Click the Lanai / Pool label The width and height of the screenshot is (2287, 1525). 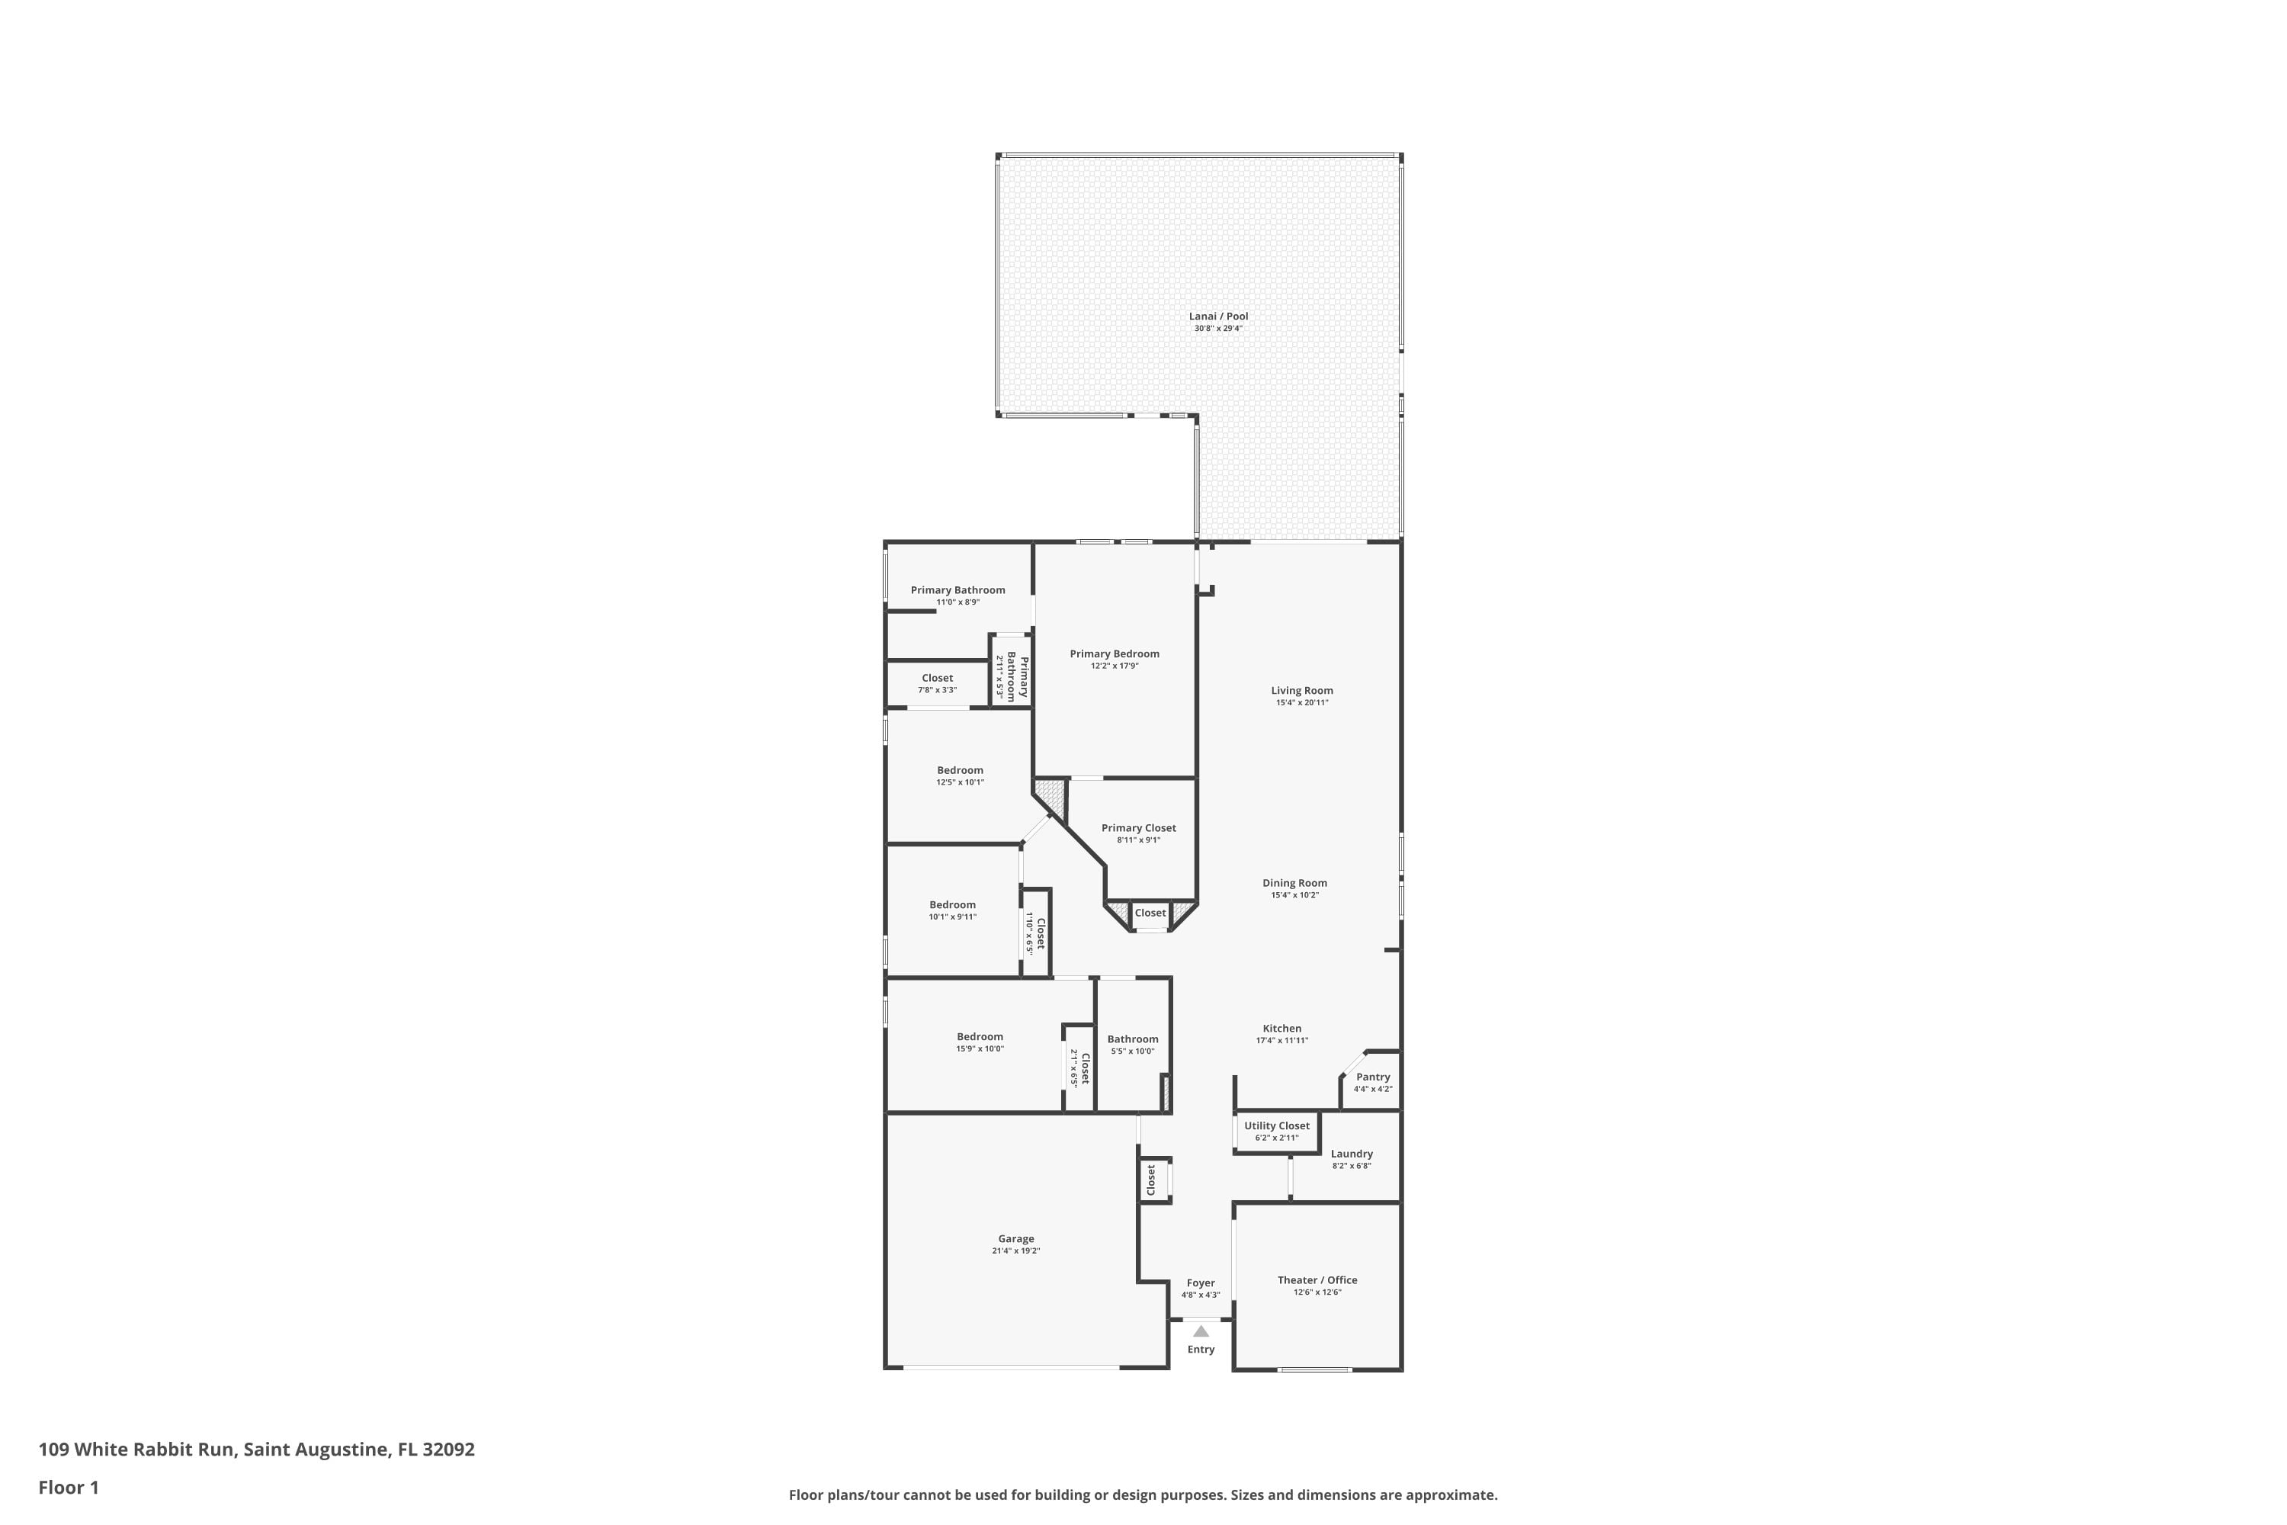pyautogui.click(x=1218, y=316)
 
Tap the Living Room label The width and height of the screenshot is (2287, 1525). pyautogui.click(x=1302, y=691)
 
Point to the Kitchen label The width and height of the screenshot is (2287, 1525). pyautogui.click(x=1281, y=1028)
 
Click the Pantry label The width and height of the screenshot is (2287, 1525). pyautogui.click(x=1373, y=1077)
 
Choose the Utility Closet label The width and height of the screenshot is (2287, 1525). pyautogui.click(x=1277, y=1125)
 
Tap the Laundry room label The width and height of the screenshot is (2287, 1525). pyautogui.click(x=1352, y=1154)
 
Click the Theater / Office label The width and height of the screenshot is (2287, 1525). pyautogui.click(x=1317, y=1280)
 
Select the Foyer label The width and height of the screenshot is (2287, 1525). pyautogui.click(x=1201, y=1283)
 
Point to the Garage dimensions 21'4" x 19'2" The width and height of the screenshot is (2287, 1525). pyautogui.click(x=1016, y=1250)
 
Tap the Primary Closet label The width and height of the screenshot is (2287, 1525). pyautogui.click(x=1139, y=827)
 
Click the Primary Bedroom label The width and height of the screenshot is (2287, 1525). pyautogui.click(x=1115, y=653)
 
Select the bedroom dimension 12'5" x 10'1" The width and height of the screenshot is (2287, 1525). pyautogui.click(x=961, y=782)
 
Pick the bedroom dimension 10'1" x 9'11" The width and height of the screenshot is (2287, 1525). pyautogui.click(x=953, y=917)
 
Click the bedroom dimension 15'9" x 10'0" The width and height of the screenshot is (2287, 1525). pyautogui.click(x=980, y=1048)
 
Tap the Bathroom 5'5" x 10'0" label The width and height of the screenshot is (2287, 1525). pyautogui.click(x=1133, y=1039)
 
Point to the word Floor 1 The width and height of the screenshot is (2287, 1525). pyautogui.click(x=69, y=1487)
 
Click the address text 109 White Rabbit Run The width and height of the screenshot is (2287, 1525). pyautogui.click(x=136, y=1450)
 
